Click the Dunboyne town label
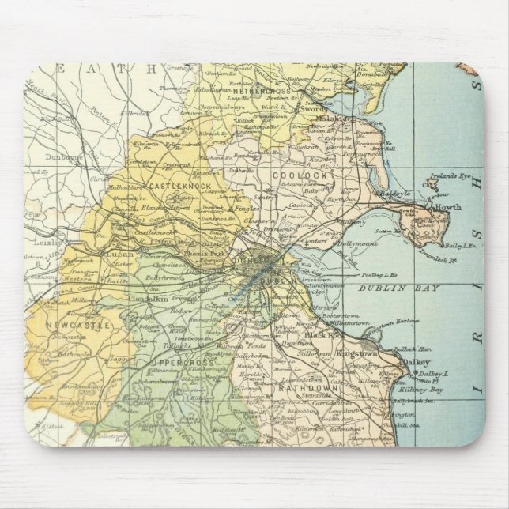click(x=63, y=156)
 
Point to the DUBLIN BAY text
click(x=409, y=288)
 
